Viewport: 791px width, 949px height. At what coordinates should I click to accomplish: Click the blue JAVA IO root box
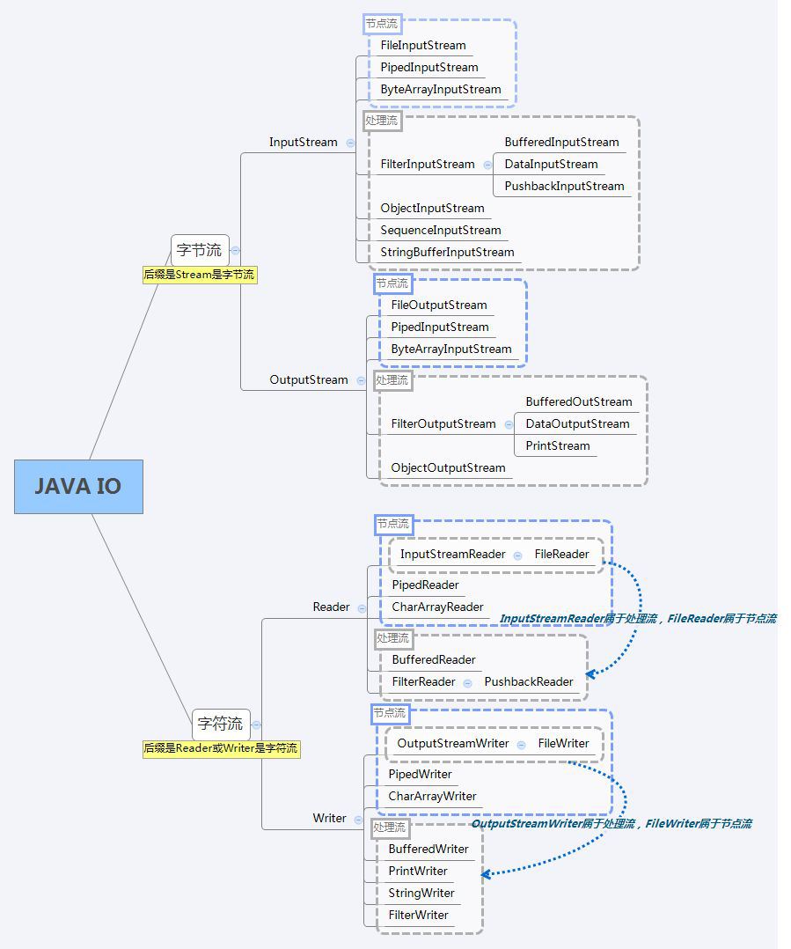click(78, 487)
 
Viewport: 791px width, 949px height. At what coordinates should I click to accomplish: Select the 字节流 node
click(199, 250)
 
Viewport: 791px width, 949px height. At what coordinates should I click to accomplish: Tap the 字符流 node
click(220, 725)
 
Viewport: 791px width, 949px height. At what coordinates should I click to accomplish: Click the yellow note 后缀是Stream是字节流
click(199, 275)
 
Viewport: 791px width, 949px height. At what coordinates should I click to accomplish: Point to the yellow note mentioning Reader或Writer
click(221, 749)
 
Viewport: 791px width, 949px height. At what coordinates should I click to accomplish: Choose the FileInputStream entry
click(423, 45)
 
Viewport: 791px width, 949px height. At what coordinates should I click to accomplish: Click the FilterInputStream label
click(428, 165)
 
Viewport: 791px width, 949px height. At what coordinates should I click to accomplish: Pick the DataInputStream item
click(551, 165)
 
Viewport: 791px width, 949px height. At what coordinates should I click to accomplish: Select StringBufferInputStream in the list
click(447, 253)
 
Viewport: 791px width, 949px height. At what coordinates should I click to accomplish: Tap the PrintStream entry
click(558, 446)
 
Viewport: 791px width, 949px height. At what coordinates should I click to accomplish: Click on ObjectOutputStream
click(448, 468)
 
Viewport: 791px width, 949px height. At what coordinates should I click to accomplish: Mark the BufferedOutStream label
click(579, 402)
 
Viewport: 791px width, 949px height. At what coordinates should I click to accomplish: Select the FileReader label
click(561, 555)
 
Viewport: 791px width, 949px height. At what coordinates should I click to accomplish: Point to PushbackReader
click(529, 682)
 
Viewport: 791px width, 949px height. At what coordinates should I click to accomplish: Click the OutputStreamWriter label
click(453, 744)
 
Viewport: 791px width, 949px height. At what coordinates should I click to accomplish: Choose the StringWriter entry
click(421, 894)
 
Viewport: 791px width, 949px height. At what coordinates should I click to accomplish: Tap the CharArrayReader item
click(437, 607)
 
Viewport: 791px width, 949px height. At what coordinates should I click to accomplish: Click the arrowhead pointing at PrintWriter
click(486, 874)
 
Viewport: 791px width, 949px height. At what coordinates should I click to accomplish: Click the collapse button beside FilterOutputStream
click(509, 424)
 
